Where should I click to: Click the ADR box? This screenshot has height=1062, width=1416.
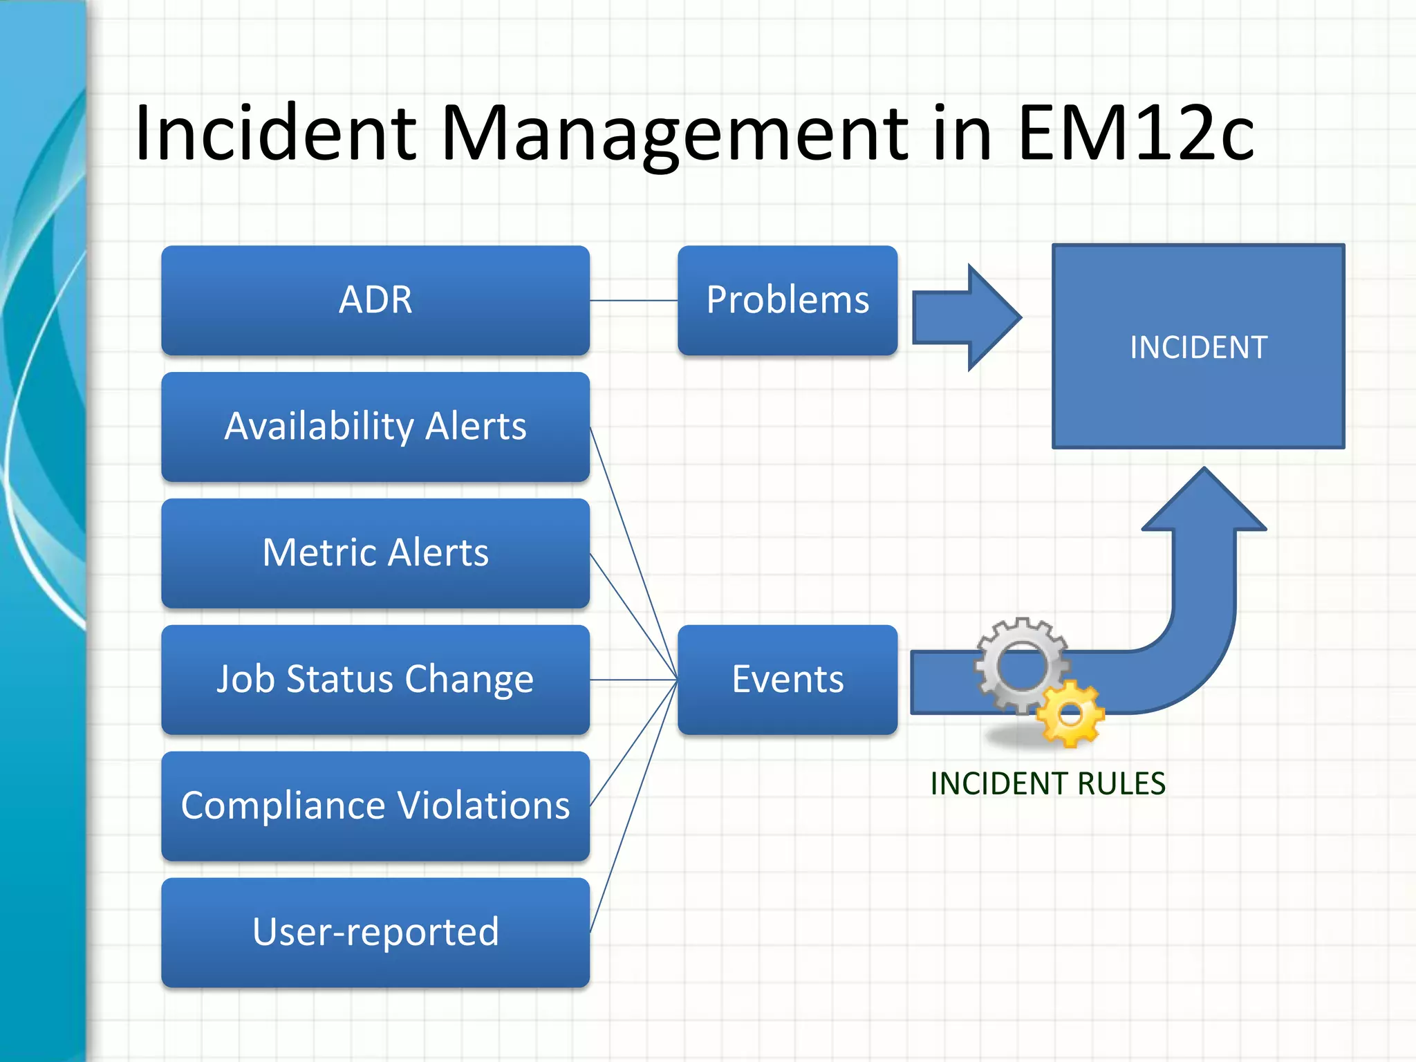pyautogui.click(x=375, y=300)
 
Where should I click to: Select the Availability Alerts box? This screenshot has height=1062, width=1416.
pyautogui.click(x=375, y=427)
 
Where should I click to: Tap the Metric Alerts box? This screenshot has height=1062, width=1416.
pyautogui.click(x=375, y=553)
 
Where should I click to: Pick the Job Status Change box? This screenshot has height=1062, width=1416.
pyautogui.click(x=375, y=680)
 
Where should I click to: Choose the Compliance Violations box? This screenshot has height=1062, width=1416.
pyautogui.click(x=375, y=806)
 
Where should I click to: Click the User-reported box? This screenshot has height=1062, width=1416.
pyautogui.click(x=375, y=933)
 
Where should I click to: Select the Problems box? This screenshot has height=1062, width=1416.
pyautogui.click(x=788, y=300)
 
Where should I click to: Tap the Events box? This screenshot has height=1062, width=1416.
pyautogui.click(x=788, y=680)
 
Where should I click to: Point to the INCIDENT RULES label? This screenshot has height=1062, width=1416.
pyautogui.click(x=1047, y=784)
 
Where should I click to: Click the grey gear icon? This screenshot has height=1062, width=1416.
pyautogui.click(x=1021, y=664)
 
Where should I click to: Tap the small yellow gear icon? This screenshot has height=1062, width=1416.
pyautogui.click(x=1070, y=715)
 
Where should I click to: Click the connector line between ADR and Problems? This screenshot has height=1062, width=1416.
pyautogui.click(x=633, y=301)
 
